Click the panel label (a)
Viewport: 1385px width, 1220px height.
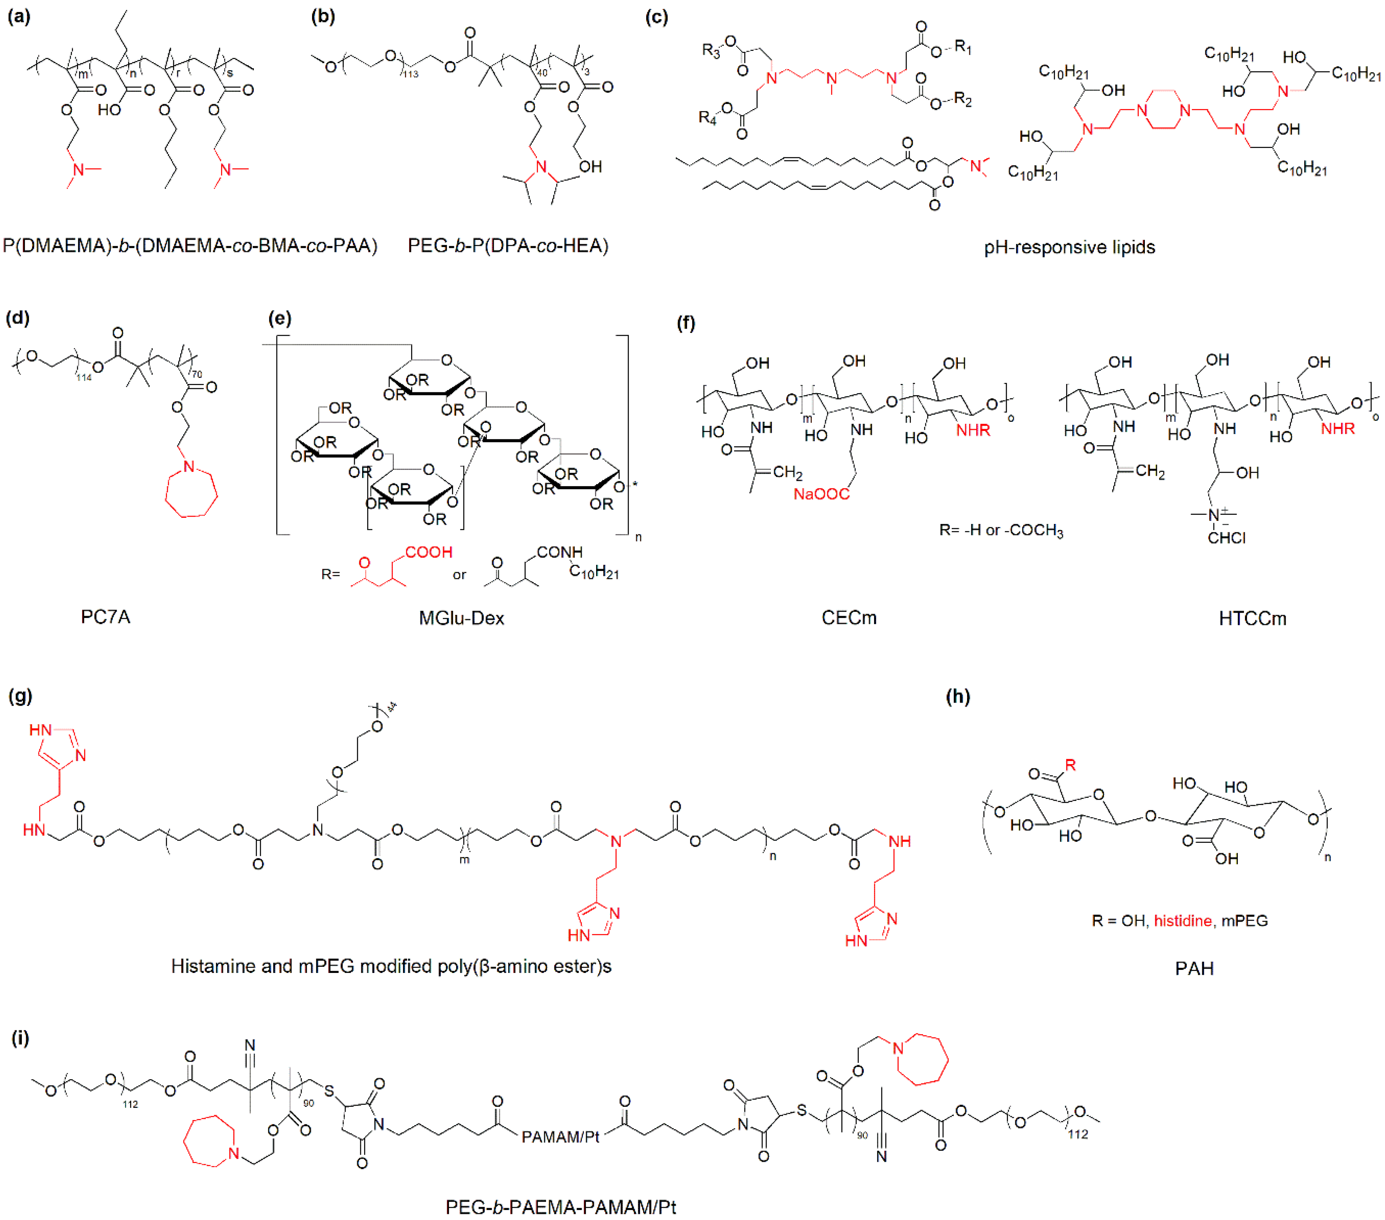(18, 17)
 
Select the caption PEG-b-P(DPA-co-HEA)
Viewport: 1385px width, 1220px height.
(507, 246)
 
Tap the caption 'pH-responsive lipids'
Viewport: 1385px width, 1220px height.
(1069, 247)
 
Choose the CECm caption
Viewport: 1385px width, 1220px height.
(849, 617)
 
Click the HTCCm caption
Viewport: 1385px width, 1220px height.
(1252, 618)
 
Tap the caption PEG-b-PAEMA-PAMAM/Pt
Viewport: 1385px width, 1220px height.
(560, 1207)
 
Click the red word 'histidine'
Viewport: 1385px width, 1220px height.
(1182, 921)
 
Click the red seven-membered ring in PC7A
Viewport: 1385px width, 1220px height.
(191, 491)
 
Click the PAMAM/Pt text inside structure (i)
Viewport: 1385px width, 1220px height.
(560, 1137)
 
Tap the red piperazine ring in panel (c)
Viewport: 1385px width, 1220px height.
(1164, 110)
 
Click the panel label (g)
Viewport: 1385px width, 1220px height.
(20, 696)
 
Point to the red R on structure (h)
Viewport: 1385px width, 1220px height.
(1070, 765)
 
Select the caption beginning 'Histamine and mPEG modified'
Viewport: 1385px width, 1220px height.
(391, 966)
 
